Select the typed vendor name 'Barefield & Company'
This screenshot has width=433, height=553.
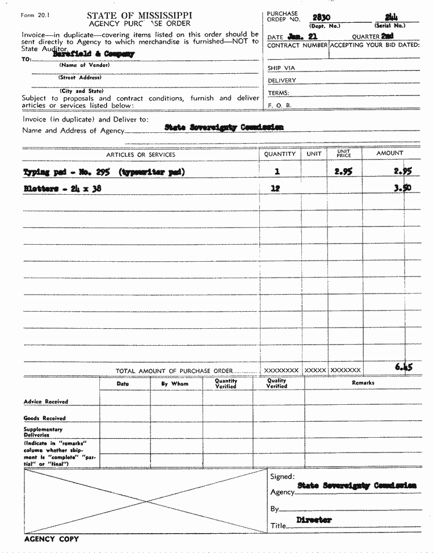click(x=94, y=54)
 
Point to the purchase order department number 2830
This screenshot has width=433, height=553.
click(x=322, y=18)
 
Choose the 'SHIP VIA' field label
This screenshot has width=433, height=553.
click(x=281, y=68)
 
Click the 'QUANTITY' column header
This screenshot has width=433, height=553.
click(x=280, y=154)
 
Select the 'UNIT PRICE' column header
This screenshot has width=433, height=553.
click(x=344, y=153)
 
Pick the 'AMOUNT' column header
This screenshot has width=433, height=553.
click(x=390, y=153)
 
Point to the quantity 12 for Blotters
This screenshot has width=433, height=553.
click(x=275, y=189)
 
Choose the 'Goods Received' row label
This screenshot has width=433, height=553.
click(x=45, y=418)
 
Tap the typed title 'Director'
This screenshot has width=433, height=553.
click(x=314, y=520)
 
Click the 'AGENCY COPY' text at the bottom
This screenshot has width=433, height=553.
click(x=52, y=539)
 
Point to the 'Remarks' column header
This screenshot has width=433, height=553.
click(x=363, y=383)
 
